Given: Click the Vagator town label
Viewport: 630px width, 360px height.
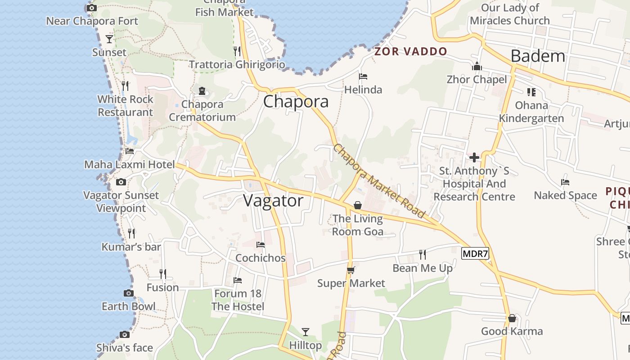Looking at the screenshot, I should pyautogui.click(x=274, y=201).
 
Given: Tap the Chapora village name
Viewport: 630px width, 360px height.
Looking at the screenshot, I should pyautogui.click(x=296, y=101).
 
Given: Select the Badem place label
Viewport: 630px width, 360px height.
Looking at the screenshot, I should pyautogui.click(x=538, y=56).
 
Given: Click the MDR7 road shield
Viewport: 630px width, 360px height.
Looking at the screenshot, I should pyautogui.click(x=475, y=253).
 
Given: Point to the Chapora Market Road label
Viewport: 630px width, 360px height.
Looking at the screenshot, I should pyautogui.click(x=379, y=181).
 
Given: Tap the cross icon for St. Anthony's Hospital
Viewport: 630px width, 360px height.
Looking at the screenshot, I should pyautogui.click(x=474, y=157).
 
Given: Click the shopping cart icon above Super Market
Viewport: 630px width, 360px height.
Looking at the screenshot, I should pyautogui.click(x=351, y=270).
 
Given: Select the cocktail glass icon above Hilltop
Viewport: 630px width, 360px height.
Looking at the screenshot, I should pyautogui.click(x=306, y=332).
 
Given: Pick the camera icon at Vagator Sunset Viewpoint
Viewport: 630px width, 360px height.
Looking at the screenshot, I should pyautogui.click(x=121, y=182).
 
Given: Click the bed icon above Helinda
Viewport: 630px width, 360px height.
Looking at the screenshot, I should pyautogui.click(x=363, y=76).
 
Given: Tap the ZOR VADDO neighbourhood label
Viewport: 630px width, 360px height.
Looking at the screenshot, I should pyautogui.click(x=411, y=51).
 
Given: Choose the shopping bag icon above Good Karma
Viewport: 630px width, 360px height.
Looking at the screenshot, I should pyautogui.click(x=512, y=319).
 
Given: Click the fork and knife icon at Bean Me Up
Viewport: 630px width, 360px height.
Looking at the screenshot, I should pyautogui.click(x=423, y=255).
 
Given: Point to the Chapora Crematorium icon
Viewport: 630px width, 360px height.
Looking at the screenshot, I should pyautogui.click(x=202, y=91).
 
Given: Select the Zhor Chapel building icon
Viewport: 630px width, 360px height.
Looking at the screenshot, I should pyautogui.click(x=477, y=67).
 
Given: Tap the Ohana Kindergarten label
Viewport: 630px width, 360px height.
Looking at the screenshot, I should pyautogui.click(x=531, y=112).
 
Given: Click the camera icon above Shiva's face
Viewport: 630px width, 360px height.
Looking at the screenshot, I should pyautogui.click(x=125, y=334).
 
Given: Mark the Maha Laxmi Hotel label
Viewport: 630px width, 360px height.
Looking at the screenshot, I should pyautogui.click(x=130, y=165).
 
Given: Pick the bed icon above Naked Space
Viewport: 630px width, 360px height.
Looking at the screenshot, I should pyautogui.click(x=565, y=182).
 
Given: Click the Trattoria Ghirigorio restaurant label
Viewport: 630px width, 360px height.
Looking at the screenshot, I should pyautogui.click(x=237, y=65).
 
